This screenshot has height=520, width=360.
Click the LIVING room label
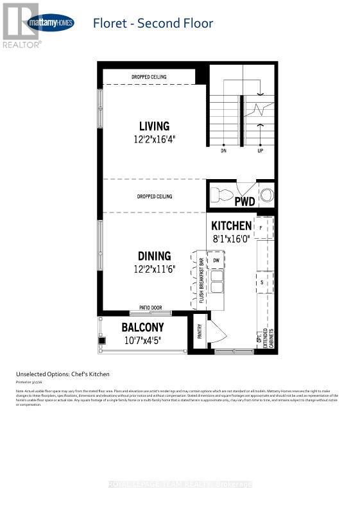click(154, 126)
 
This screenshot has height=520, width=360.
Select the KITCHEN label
click(231, 225)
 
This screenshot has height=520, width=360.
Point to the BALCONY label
click(142, 327)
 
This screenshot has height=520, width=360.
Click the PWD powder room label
click(244, 202)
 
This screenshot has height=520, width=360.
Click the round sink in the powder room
click(266, 194)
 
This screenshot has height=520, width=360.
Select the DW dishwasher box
click(216, 260)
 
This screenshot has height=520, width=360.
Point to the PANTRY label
click(200, 331)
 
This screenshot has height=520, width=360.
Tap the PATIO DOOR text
click(151, 308)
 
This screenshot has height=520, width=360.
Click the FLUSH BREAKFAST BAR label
click(201, 281)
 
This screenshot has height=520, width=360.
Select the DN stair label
click(223, 152)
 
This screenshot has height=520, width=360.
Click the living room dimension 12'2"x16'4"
click(154, 138)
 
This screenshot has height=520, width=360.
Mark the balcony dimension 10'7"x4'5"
click(142, 339)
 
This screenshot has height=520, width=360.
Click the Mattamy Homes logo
click(50, 23)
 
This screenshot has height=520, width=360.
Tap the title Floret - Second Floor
click(153, 24)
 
